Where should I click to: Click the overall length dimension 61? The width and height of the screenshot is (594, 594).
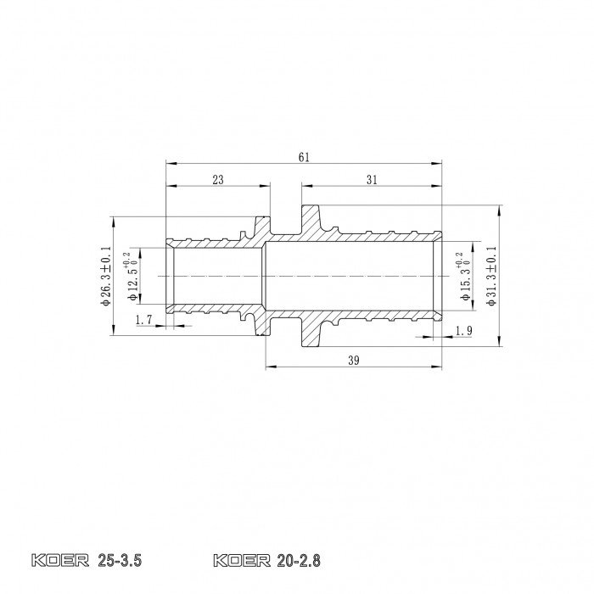click(x=305, y=156)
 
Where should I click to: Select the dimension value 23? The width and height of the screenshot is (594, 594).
click(x=217, y=179)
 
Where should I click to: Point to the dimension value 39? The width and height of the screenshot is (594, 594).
click(x=355, y=360)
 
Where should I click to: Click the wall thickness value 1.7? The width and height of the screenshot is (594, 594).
click(x=143, y=320)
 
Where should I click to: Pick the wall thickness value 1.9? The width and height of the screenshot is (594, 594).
click(x=463, y=330)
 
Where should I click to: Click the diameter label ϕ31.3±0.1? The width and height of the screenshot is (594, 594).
click(x=491, y=277)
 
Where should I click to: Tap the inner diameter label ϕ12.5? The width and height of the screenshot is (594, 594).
click(x=131, y=277)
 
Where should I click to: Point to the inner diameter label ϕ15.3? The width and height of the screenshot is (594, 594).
click(x=464, y=277)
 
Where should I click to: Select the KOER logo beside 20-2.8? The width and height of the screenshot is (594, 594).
click(x=243, y=561)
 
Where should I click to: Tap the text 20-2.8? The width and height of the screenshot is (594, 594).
click(x=300, y=561)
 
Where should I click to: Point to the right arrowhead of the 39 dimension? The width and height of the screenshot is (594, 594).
click(x=439, y=367)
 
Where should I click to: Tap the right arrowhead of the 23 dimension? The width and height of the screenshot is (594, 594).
click(x=266, y=186)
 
